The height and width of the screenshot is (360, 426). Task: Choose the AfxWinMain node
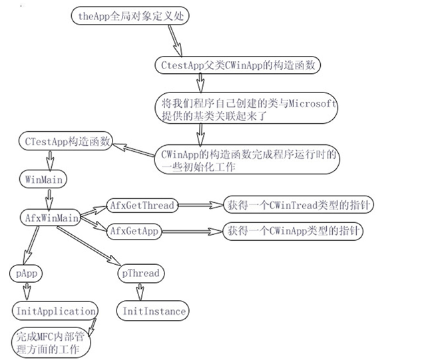[50, 217]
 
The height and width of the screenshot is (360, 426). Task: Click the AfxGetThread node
[142, 206]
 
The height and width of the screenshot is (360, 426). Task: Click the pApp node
[27, 273]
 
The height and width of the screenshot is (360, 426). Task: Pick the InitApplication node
[55, 311]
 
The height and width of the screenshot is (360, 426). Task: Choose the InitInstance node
[154, 311]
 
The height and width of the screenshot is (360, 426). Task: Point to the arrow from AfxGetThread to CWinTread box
[199, 206]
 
